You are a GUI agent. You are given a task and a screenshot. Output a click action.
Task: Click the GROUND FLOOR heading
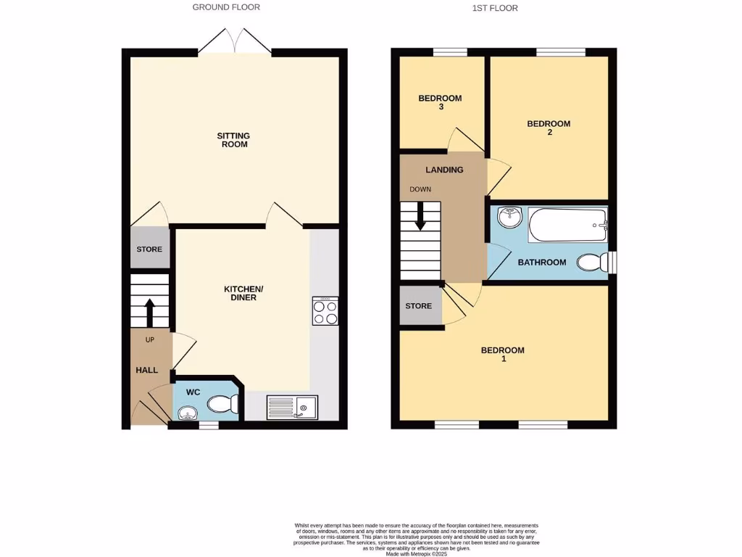226,7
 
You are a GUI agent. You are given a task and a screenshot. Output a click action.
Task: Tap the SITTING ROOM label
233,140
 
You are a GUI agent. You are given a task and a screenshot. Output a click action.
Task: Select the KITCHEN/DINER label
243,293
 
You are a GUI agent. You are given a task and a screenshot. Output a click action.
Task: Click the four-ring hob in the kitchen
325,311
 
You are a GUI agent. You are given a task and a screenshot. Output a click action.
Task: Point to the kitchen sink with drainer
291,408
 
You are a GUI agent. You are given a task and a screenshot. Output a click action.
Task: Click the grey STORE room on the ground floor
149,249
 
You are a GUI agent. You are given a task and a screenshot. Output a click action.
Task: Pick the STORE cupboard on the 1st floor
419,306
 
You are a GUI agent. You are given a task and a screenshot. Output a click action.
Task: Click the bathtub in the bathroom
567,226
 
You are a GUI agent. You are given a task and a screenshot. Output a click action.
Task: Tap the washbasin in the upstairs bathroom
510,215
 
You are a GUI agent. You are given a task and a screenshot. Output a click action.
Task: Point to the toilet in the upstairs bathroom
592,263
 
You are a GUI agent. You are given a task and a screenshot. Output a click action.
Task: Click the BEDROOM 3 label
441,102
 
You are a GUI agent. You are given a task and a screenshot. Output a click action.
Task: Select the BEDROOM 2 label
549,128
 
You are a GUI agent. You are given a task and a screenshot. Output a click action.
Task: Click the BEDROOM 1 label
503,354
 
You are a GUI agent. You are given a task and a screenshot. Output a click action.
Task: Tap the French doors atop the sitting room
234,42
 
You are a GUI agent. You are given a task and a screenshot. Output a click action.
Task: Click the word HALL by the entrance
147,370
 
